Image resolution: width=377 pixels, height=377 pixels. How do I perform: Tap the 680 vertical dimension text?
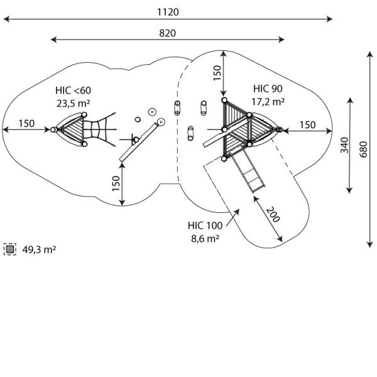click(x=364, y=150)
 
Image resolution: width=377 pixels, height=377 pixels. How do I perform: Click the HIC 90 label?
click(x=268, y=88)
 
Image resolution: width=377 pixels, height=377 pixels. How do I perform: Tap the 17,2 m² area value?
click(x=268, y=101)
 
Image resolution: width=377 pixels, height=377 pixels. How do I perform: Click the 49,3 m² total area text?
click(x=40, y=249)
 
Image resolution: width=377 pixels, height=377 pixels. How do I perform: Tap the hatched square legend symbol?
click(x=10, y=249)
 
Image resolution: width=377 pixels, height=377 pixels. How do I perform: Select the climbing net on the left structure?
click(x=96, y=130)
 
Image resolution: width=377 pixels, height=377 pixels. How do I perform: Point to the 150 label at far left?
click(x=26, y=123)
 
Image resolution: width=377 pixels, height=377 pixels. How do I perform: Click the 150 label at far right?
click(x=307, y=125)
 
